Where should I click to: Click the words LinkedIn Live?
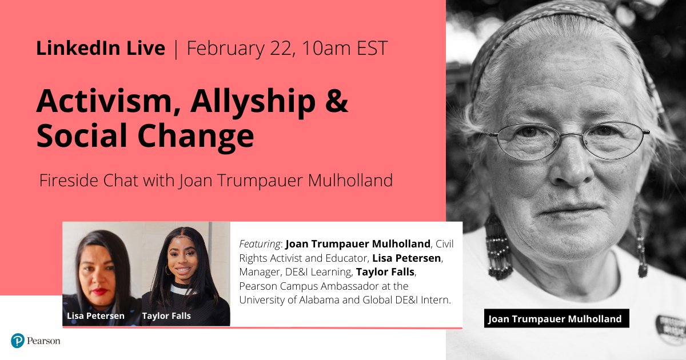pyautogui.click(x=101, y=49)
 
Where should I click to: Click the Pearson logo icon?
pyautogui.click(x=18, y=341)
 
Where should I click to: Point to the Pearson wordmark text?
pyautogui.click(x=45, y=341)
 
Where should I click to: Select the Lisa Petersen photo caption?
pyautogui.click(x=96, y=315)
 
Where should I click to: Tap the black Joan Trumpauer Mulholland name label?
pyautogui.click(x=555, y=319)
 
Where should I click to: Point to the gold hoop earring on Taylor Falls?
pyautogui.click(x=169, y=269)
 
